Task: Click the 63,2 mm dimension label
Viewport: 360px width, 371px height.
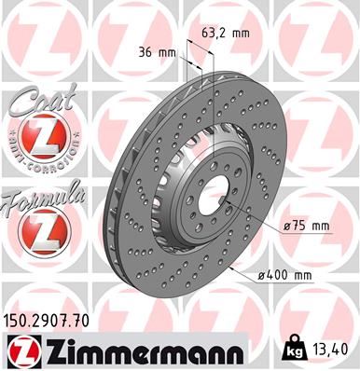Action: coord(225,34)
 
